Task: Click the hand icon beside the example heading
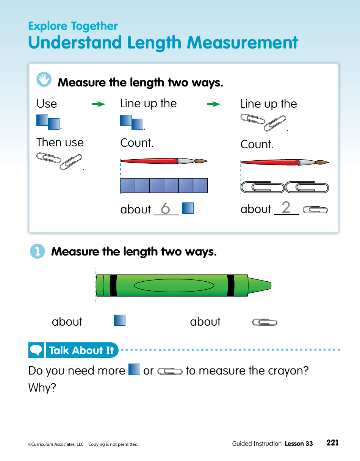(44, 79)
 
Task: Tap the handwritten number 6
(165, 208)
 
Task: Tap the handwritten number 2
(286, 207)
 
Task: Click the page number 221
(332, 443)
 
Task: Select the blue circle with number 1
(37, 251)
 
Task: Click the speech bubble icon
(36, 350)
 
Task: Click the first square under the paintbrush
(128, 185)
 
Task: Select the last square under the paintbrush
(200, 185)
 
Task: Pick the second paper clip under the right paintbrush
(307, 187)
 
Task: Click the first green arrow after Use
(99, 104)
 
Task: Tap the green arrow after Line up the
(214, 104)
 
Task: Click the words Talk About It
(81, 350)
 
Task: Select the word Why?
(42, 388)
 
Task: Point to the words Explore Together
(73, 26)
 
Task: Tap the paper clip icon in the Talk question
(170, 371)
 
